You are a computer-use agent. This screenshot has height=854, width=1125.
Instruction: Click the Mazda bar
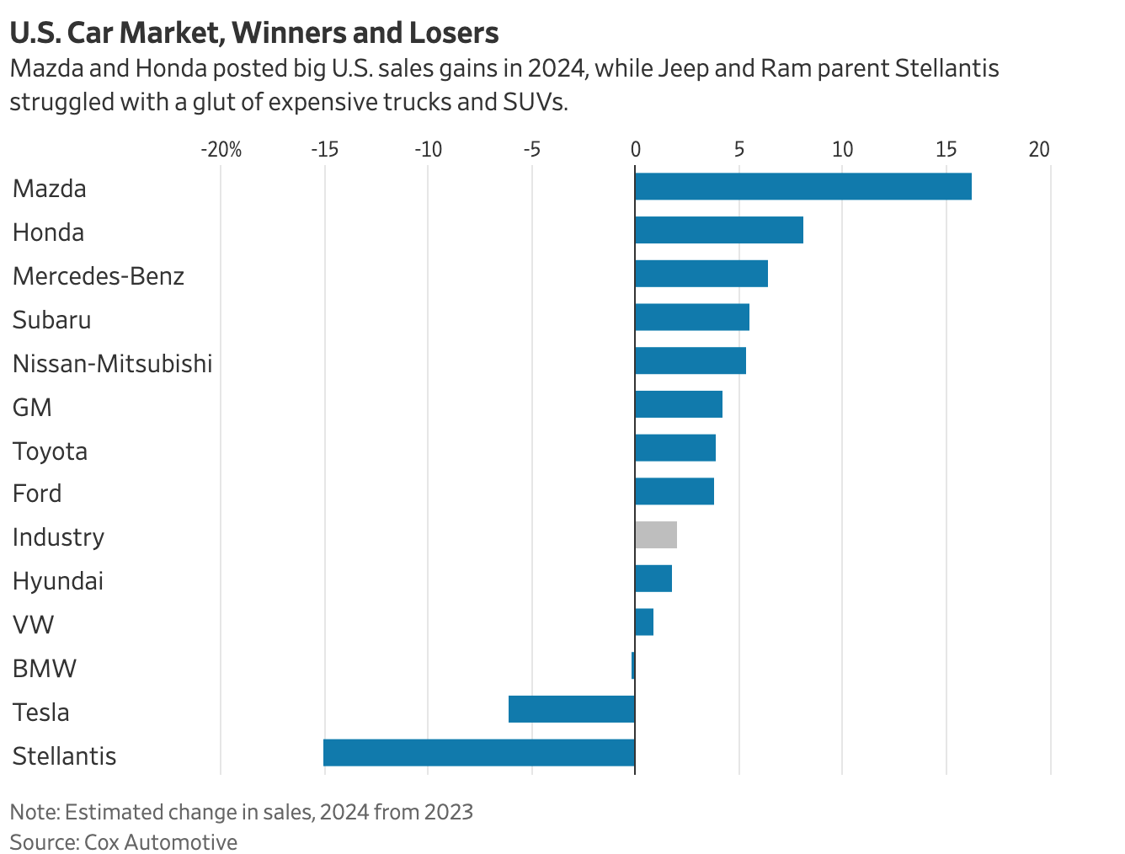[802, 187]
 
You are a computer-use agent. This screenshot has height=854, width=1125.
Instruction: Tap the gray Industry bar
[656, 536]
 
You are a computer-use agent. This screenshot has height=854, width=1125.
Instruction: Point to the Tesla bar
[572, 709]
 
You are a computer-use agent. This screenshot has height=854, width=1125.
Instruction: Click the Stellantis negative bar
[479, 753]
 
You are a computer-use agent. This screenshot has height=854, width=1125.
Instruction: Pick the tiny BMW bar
[633, 665]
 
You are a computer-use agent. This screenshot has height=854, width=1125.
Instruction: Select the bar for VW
[644, 622]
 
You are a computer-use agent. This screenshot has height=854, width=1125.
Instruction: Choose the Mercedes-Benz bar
[701, 274]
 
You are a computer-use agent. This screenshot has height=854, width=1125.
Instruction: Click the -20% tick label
[221, 150]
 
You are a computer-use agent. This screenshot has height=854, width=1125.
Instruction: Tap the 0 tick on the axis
[635, 150]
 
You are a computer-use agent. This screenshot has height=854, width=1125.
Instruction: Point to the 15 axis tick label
[946, 150]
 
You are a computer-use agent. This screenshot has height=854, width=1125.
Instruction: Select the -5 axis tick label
[531, 150]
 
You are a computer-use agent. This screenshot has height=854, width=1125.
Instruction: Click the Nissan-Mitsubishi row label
[112, 364]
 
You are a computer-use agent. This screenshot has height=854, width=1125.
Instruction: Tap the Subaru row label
[51, 320]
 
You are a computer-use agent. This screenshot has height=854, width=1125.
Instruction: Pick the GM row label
[32, 408]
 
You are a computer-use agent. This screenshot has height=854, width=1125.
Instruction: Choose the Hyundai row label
[57, 581]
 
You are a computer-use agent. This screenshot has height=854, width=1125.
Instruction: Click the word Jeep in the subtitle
[682, 68]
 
